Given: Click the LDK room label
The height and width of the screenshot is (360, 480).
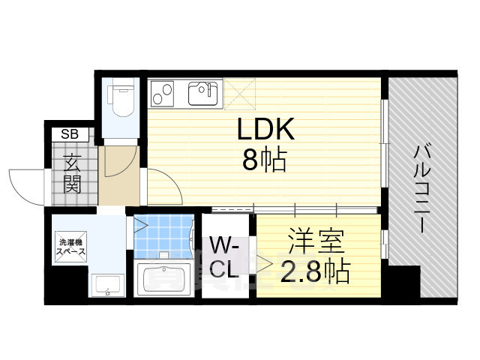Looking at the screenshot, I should [x=265, y=130].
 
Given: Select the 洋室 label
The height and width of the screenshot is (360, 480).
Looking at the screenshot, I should [x=316, y=244].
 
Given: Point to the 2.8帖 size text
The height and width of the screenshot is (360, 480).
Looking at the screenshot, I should [x=315, y=271].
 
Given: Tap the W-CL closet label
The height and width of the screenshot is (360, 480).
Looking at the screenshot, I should [x=225, y=257].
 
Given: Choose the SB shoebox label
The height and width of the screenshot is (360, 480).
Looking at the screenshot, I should [x=69, y=135].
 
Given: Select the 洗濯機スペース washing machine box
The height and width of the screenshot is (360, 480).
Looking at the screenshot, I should [x=73, y=247].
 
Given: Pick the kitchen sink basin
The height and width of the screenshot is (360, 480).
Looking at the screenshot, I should [x=203, y=94].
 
